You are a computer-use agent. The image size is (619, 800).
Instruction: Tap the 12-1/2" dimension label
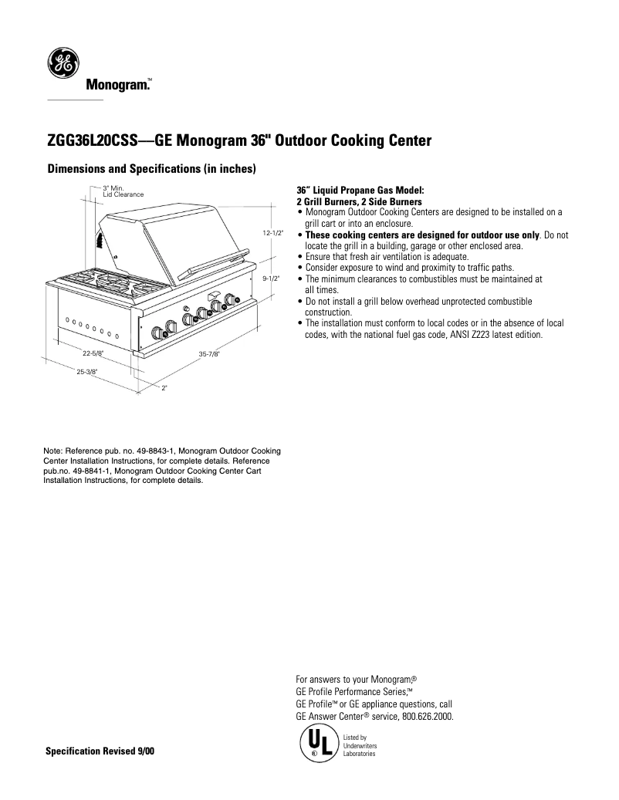(x=272, y=232)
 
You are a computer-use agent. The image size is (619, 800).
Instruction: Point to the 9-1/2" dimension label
(x=271, y=278)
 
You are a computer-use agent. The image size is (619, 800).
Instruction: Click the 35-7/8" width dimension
(x=209, y=354)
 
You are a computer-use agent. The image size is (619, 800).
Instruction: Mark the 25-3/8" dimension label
(x=86, y=372)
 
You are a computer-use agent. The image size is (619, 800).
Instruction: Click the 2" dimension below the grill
(x=164, y=387)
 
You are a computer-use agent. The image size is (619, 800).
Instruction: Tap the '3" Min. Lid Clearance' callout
(x=123, y=191)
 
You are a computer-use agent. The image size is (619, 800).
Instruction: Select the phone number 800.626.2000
(x=427, y=716)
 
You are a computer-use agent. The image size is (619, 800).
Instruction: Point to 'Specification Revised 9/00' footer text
(x=100, y=751)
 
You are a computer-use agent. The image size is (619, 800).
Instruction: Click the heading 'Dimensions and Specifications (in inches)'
(x=151, y=169)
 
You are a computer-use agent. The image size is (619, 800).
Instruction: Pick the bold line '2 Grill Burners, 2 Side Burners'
(x=359, y=202)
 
